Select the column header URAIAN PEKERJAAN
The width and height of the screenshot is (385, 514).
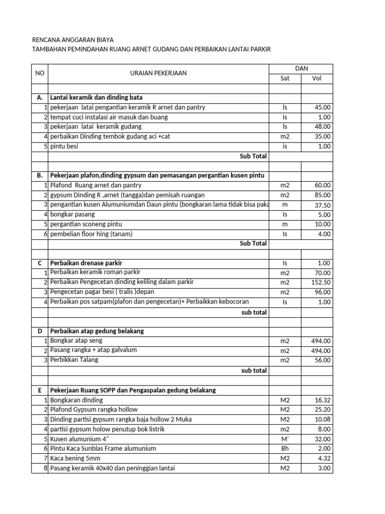(x=158, y=73)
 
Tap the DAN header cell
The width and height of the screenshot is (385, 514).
(x=301, y=68)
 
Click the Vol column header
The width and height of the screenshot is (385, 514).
(x=317, y=78)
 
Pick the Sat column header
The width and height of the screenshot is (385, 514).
(x=285, y=78)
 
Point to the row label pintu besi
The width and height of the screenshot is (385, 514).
(x=64, y=147)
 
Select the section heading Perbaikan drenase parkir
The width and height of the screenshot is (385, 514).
(x=86, y=263)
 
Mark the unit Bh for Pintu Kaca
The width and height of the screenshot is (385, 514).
(x=285, y=448)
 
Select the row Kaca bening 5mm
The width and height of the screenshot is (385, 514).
(x=76, y=458)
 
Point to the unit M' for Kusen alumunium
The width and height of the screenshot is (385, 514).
(x=285, y=439)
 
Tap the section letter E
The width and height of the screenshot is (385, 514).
(x=40, y=390)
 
